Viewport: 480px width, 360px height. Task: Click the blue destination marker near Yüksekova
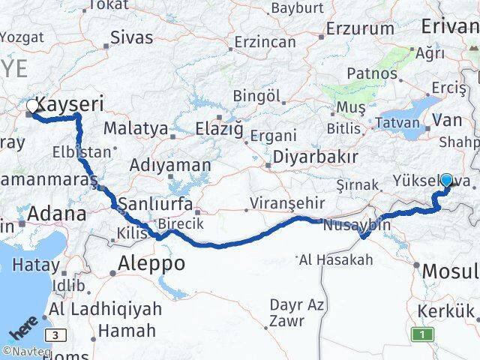click(447, 180)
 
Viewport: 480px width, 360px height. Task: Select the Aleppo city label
click(151, 264)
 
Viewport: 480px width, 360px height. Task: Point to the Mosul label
click(450, 270)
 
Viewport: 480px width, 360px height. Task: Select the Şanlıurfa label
click(156, 204)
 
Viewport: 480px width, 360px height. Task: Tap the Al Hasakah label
click(335, 260)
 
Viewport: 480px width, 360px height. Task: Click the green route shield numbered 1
click(423, 334)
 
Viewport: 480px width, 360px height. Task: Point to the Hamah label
click(127, 330)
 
